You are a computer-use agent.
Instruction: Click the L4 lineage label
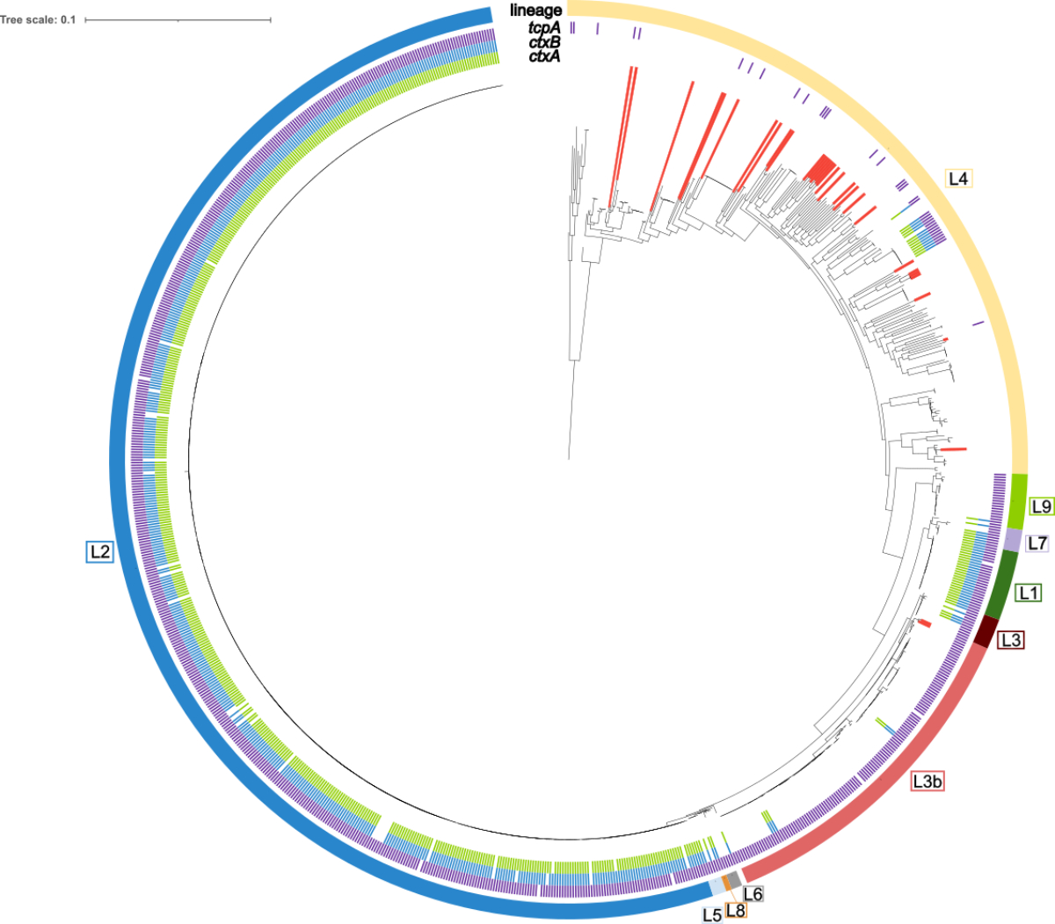point(957,178)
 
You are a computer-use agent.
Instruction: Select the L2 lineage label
point(99,551)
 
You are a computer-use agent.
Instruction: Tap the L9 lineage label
point(1041,506)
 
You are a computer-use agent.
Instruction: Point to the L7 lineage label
point(1037,543)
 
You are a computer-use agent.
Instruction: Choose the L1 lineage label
point(1029,593)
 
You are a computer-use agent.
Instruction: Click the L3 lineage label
point(1011,640)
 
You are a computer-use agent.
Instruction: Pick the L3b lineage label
point(928,781)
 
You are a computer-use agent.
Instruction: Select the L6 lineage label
point(753,894)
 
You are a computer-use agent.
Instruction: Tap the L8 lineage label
point(736,911)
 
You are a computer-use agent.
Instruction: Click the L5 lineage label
point(712,915)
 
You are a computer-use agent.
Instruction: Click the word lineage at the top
point(535,11)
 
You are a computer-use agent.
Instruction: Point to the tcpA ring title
point(544,28)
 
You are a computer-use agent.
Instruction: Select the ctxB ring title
point(544,42)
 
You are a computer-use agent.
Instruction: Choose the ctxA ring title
point(544,56)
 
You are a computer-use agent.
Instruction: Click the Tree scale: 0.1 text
point(39,19)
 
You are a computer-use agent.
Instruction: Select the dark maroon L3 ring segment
point(987,630)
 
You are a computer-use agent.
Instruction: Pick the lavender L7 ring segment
point(1013,539)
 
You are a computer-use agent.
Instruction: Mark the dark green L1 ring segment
point(1002,583)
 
